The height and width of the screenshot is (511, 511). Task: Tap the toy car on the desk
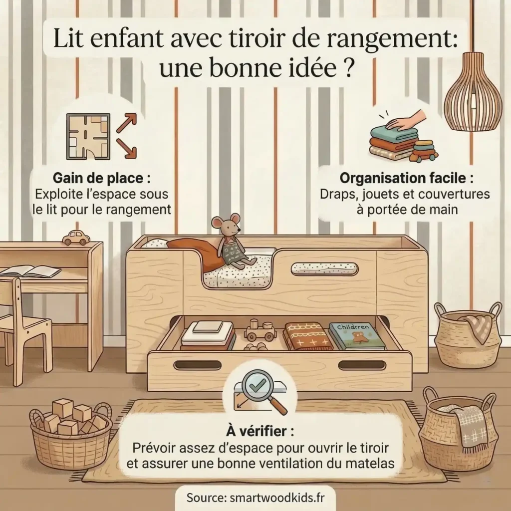(x=76, y=237)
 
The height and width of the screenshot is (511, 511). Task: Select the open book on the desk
(x=31, y=271)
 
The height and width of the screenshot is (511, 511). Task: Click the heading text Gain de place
(x=100, y=178)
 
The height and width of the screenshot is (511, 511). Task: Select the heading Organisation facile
(x=406, y=178)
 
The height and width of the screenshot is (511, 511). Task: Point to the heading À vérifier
(x=255, y=430)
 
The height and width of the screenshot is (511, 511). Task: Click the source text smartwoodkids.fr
(x=255, y=498)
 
